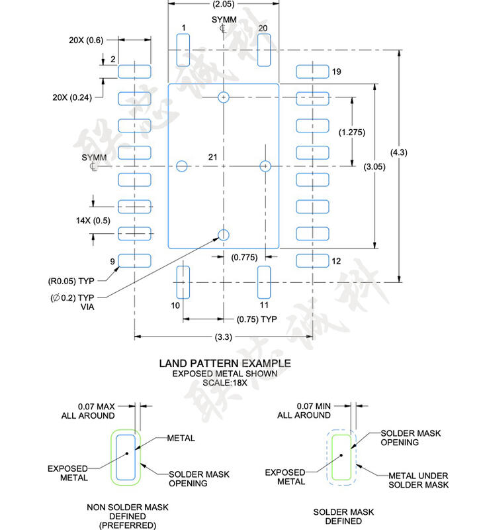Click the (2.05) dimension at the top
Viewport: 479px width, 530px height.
(224, 4)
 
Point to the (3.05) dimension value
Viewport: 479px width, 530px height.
(374, 166)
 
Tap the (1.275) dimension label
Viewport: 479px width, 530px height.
(351, 132)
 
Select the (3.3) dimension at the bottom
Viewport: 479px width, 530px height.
(224, 337)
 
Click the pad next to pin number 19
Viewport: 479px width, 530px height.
(312, 72)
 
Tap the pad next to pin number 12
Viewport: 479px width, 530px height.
(312, 261)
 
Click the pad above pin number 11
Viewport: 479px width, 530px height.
(265, 282)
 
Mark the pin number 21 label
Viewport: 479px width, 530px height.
(212, 157)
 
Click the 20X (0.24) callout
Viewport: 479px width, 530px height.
(73, 97)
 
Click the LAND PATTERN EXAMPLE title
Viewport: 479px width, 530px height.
(225, 363)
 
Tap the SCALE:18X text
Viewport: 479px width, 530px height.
(224, 383)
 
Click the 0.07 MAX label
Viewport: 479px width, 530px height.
(96, 405)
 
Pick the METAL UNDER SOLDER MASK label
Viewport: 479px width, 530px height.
(418, 480)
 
